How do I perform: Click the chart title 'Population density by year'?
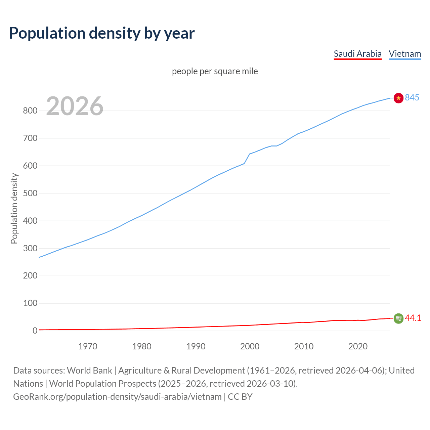pos(102,33)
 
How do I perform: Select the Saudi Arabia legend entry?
pos(357,54)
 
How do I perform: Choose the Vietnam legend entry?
pos(405,54)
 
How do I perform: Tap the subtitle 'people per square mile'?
pos(215,71)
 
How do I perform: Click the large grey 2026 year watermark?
pos(75,106)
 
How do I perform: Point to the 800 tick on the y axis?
pos(30,111)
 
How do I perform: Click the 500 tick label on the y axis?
pos(30,193)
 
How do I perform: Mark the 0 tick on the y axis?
pos(35,331)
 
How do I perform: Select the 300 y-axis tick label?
pos(30,249)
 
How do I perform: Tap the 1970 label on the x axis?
pos(88,346)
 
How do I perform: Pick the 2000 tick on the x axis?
pos(250,346)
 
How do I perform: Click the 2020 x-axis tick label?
pos(358,346)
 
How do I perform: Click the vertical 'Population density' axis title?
pos(14,208)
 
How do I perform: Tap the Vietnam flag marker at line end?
pos(398,98)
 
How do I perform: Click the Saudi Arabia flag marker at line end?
pos(398,318)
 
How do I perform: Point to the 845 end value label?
pos(412,97)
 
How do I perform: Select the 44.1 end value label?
pos(413,318)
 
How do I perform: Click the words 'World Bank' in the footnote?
pos(89,371)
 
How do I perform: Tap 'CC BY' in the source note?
pos(240,397)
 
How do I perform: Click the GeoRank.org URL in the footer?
pos(117,397)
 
